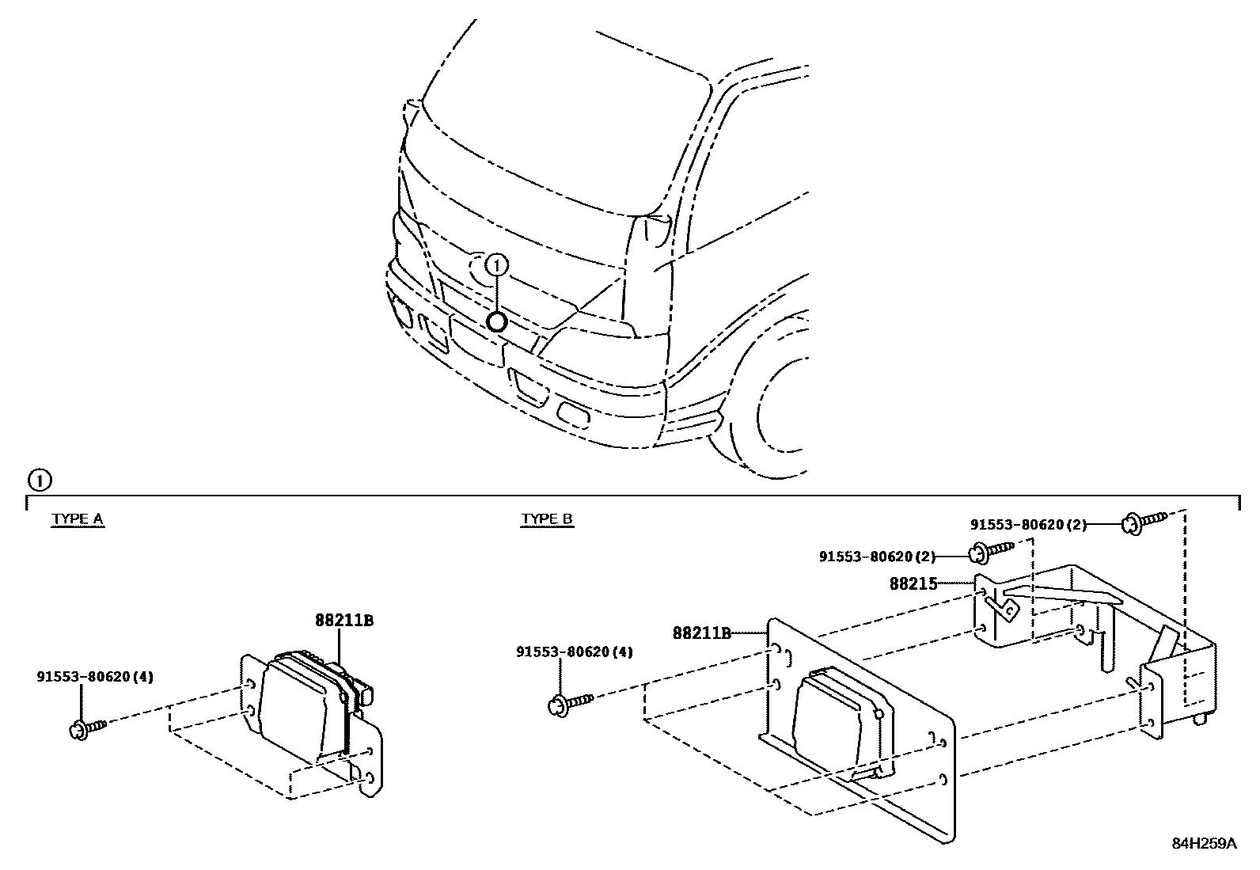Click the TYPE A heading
click(78, 519)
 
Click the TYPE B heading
click(547, 519)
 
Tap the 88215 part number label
click(913, 584)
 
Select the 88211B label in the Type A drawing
click(343, 621)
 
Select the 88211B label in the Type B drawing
click(700, 633)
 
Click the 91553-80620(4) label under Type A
click(95, 677)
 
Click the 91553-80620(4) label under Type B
click(575, 652)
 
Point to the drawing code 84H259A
click(1204, 843)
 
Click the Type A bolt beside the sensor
click(86, 727)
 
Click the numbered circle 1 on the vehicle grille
click(497, 264)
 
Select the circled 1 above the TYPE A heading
click(38, 480)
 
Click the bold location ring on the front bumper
click(496, 321)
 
